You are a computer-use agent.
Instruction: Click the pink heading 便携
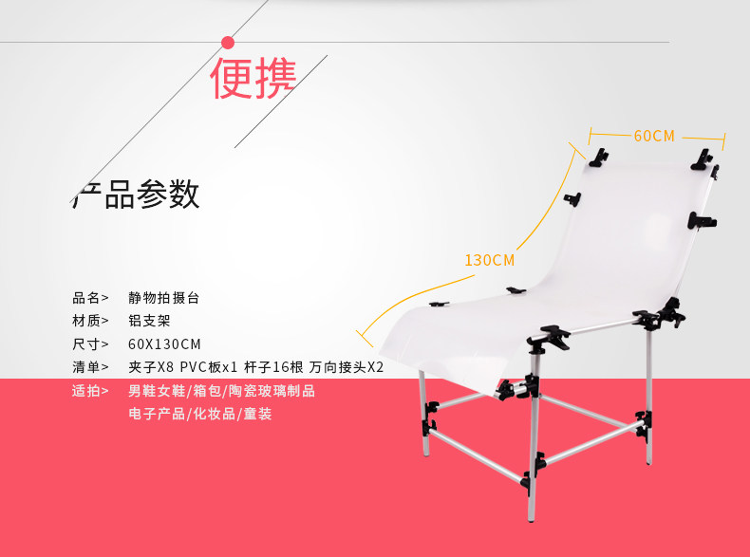[x=253, y=79]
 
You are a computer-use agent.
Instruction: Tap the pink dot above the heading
[x=228, y=43]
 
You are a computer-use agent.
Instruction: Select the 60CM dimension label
[x=654, y=137]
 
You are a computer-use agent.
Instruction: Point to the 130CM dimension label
[x=489, y=260]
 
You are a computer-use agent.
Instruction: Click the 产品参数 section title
[x=136, y=195]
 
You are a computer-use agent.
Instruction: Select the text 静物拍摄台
[x=163, y=298]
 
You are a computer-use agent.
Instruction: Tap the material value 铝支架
[x=149, y=321]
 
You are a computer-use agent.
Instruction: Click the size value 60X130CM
[x=164, y=344]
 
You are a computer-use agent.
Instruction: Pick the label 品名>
[x=90, y=298]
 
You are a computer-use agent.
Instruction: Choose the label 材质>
[x=90, y=321]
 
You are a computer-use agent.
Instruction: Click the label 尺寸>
[x=90, y=344]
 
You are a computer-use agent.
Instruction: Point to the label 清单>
[x=90, y=367]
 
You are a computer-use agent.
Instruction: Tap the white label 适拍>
[x=90, y=391]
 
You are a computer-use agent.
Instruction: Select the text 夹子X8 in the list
[x=151, y=367]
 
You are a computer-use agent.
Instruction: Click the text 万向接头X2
[x=347, y=367]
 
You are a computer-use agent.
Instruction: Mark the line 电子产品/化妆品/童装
[x=200, y=414]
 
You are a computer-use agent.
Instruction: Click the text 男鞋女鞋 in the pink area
[x=157, y=391]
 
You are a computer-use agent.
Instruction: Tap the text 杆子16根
[x=273, y=367]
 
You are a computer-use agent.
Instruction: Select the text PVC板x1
[x=209, y=367]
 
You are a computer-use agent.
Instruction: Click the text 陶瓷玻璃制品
[x=272, y=391]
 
